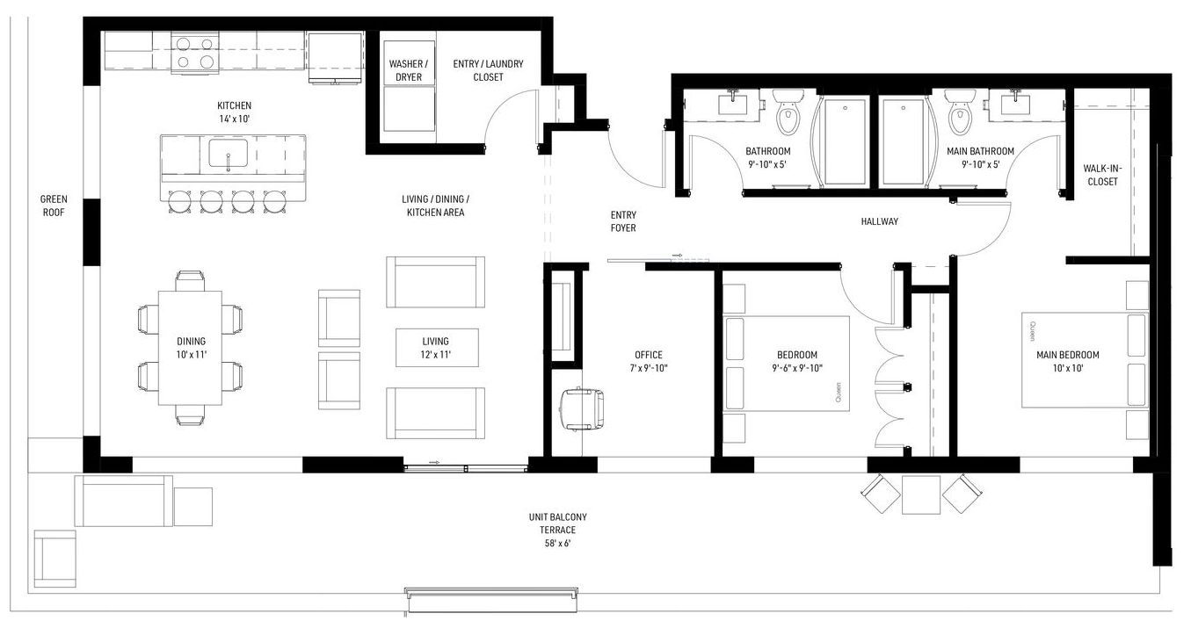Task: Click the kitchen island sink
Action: (229, 154)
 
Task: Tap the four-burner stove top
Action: (195, 53)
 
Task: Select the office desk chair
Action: (582, 408)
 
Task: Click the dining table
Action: (191, 348)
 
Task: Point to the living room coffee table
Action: (437, 348)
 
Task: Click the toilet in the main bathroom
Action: (960, 111)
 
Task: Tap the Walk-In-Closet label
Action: (1103, 175)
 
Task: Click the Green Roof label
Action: (54, 206)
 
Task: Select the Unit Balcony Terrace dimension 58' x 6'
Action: (558, 543)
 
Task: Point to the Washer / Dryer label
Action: (409, 70)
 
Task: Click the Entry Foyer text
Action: (623, 221)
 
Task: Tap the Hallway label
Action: (880, 221)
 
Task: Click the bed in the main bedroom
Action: (1085, 360)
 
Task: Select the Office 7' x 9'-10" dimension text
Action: (649, 368)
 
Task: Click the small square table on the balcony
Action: (921, 494)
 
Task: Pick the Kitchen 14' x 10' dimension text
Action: (235, 119)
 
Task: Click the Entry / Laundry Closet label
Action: (488, 70)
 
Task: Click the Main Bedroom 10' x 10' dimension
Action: (1068, 368)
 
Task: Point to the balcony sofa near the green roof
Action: (123, 501)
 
